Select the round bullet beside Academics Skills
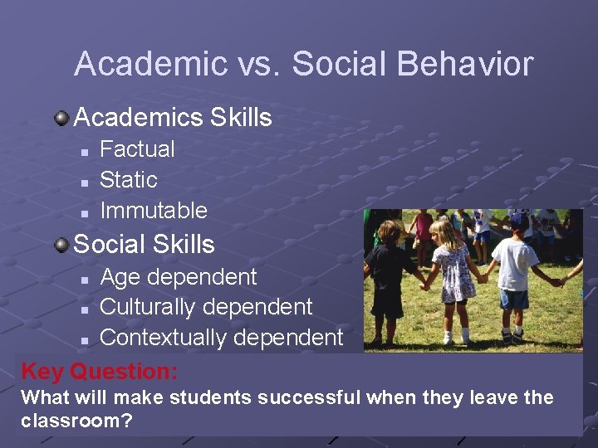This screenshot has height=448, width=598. [x=61, y=118]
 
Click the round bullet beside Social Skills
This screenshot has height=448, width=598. [x=61, y=245]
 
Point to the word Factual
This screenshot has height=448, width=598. [x=137, y=149]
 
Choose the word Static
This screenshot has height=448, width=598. [x=128, y=180]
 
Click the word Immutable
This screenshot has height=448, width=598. [x=153, y=211]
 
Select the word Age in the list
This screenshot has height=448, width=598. [x=120, y=278]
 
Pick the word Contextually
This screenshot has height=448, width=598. [x=163, y=338]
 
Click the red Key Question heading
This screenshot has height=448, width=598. [x=100, y=371]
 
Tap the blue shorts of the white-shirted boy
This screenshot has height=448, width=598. [x=514, y=299]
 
